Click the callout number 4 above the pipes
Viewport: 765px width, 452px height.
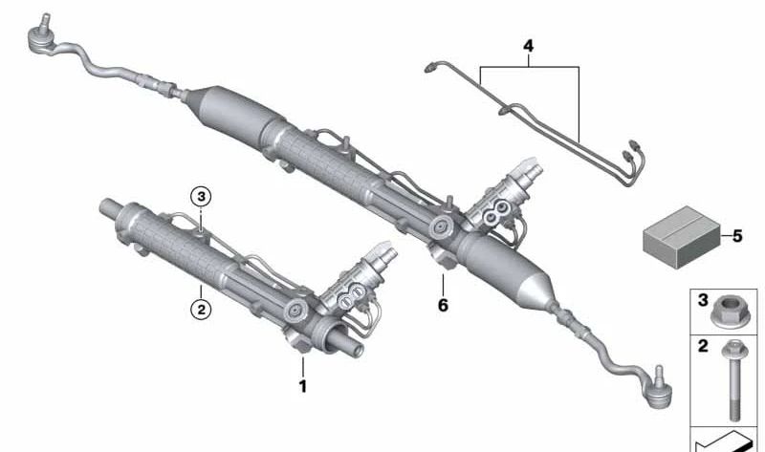click(x=527, y=46)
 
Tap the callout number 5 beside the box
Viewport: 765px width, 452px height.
click(x=736, y=235)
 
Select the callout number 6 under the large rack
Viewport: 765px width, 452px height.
click(x=443, y=306)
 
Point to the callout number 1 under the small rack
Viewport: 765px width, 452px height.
click(x=303, y=387)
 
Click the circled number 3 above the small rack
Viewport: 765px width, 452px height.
click(x=199, y=196)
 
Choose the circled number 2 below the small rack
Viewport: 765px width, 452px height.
click(x=200, y=309)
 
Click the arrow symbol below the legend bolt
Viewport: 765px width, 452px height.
click(x=727, y=441)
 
